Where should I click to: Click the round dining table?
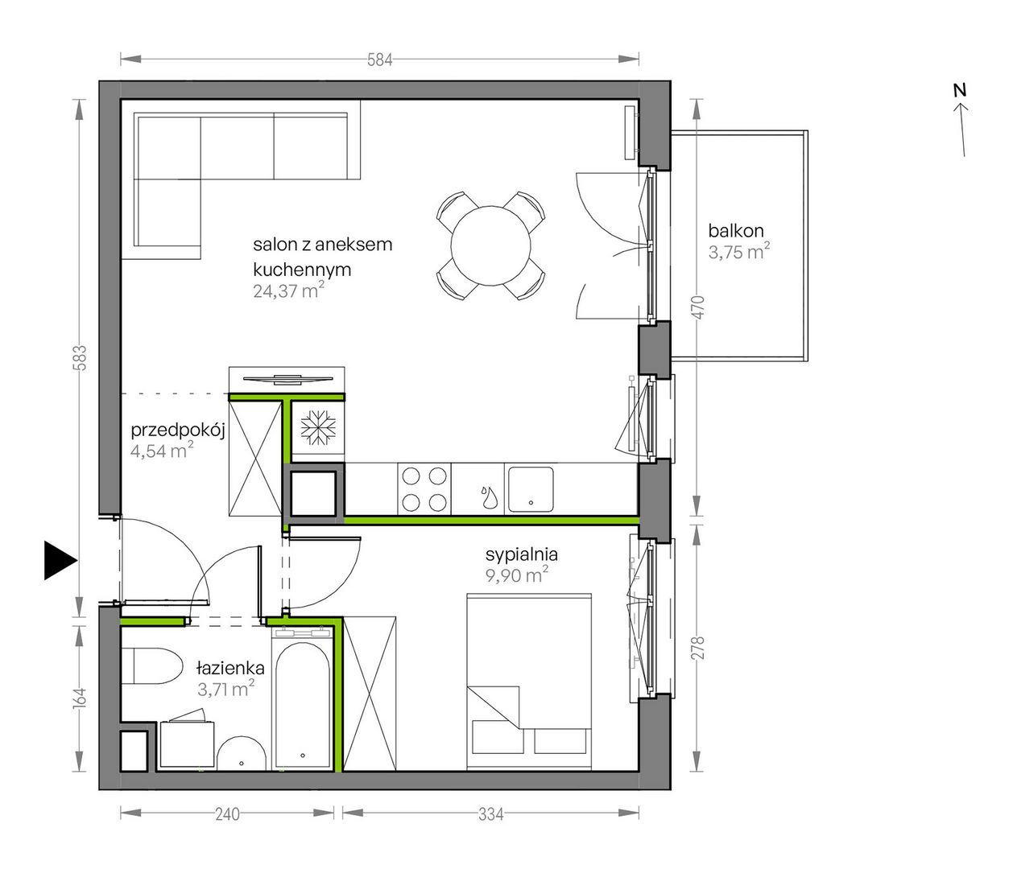pyautogui.click(x=490, y=246)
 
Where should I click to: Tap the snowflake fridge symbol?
pyautogui.click(x=319, y=427)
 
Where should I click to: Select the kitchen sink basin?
pyautogui.click(x=531, y=489)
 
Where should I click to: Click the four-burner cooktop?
pyautogui.click(x=424, y=489)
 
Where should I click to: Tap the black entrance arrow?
pyautogui.click(x=60, y=560)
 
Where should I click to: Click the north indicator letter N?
pyautogui.click(x=960, y=90)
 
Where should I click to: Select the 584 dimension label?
pyautogui.click(x=380, y=60)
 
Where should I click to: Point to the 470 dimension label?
pyautogui.click(x=698, y=307)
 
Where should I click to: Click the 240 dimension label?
pyautogui.click(x=227, y=814)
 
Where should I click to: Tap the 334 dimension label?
pyautogui.click(x=490, y=814)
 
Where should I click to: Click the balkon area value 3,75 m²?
pyautogui.click(x=738, y=253)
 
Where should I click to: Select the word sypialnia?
pyautogui.click(x=522, y=554)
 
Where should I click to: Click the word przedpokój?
pyautogui.click(x=178, y=430)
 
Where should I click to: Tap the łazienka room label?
pyautogui.click(x=230, y=668)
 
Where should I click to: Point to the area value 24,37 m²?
pyautogui.click(x=288, y=290)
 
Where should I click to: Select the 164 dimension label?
pyautogui.click(x=81, y=698)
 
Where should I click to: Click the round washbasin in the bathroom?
pyautogui.click(x=241, y=752)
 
